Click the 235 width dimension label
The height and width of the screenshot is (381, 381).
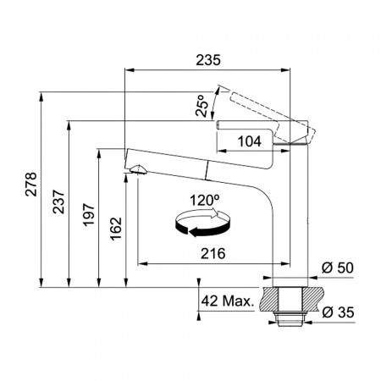(208, 60)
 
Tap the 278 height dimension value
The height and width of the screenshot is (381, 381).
(31, 184)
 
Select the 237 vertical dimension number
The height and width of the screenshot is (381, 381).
(58, 202)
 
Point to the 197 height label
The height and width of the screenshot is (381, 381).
(89, 214)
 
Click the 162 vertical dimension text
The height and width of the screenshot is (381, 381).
(116, 229)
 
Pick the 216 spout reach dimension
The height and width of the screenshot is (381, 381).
(213, 253)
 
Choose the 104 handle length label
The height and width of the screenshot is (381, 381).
(250, 141)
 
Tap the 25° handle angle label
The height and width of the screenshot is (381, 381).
(202, 106)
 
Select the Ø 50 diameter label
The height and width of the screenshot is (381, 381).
(338, 268)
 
